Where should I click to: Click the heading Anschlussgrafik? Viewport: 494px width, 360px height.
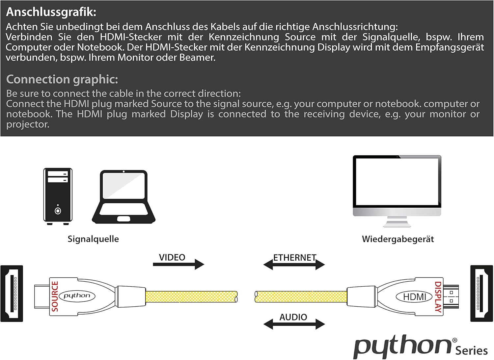tap(51, 12)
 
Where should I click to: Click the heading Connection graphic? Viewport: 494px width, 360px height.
tap(62, 80)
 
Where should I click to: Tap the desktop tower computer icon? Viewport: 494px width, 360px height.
tap(58, 196)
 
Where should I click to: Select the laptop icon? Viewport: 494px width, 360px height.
tap(124, 197)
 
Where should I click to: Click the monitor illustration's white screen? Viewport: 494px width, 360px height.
tap(397, 182)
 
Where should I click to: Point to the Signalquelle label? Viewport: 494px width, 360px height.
tap(93, 239)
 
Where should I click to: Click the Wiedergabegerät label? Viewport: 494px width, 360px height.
tap(398, 239)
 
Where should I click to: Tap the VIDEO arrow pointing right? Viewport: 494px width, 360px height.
tap(178, 264)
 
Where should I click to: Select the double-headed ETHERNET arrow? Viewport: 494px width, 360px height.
tap(294, 265)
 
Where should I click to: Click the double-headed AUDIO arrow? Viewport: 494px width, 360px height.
tap(294, 324)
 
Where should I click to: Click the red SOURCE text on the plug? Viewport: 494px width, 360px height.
tap(55, 296)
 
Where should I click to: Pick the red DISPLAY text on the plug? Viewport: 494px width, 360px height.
tap(438, 297)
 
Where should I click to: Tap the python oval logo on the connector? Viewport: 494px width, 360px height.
tap(77, 296)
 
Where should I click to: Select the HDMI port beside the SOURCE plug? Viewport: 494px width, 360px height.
tap(12, 294)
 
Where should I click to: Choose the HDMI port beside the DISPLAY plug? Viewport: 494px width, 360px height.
tap(481, 294)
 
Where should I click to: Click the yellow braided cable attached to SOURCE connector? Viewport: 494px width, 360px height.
tap(191, 296)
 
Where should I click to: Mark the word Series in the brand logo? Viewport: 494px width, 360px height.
tap(472, 351)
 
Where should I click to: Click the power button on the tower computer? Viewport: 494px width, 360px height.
tap(58, 211)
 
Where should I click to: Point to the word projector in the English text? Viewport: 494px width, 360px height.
tap(28, 125)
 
